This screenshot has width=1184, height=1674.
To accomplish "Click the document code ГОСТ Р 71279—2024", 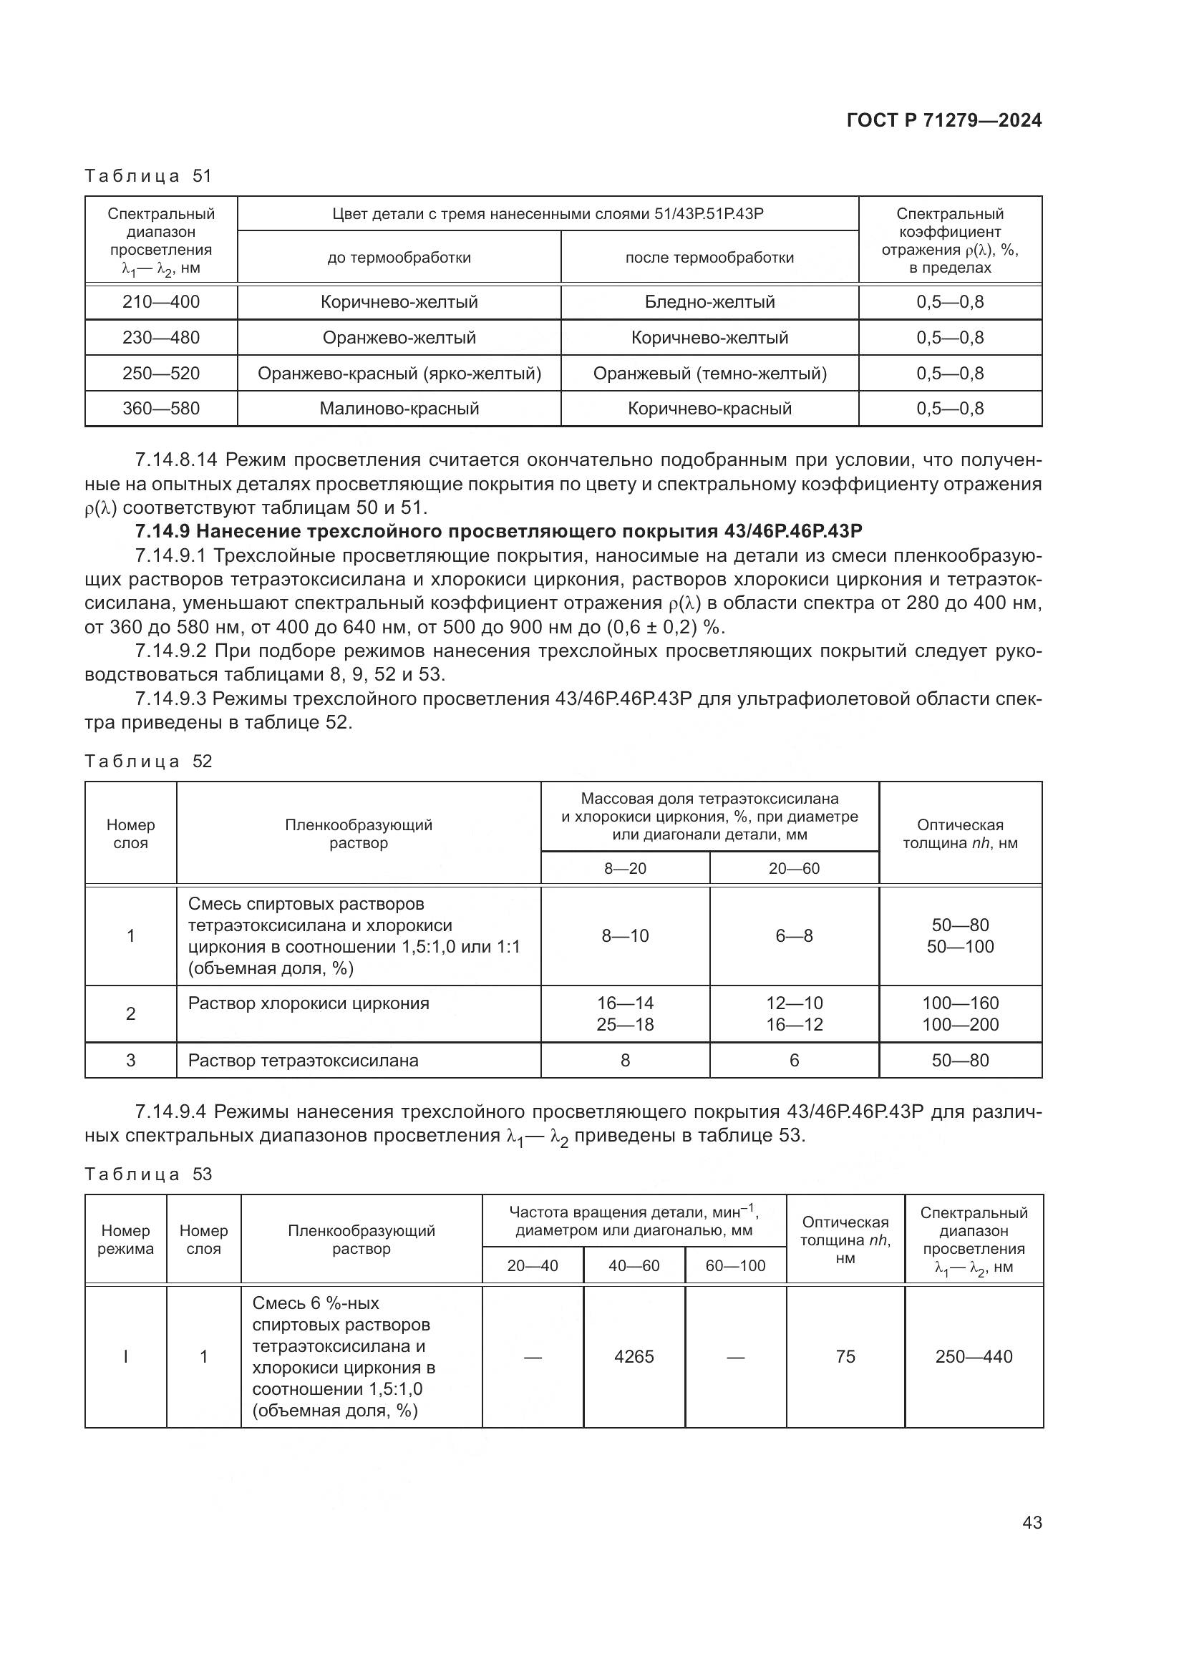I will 944,121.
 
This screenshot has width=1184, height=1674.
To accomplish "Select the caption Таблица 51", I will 148,176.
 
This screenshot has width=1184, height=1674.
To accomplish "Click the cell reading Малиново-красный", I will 399,408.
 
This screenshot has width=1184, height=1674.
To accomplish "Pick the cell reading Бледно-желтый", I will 709,302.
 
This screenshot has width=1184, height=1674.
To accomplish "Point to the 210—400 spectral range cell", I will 161,302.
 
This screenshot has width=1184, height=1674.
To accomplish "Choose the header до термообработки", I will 399,258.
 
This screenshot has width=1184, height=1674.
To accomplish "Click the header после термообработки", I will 709,258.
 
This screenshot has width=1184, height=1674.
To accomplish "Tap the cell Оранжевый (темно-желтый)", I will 709,374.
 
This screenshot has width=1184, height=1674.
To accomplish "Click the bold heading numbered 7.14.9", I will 499,531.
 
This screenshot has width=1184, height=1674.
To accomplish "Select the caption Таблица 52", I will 148,761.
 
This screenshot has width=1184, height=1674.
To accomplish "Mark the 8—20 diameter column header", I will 625,868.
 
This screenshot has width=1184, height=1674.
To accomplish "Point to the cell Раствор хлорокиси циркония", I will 309,1003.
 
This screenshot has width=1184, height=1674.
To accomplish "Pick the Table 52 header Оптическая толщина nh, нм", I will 960,834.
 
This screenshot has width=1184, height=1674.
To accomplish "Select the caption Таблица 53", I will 148,1174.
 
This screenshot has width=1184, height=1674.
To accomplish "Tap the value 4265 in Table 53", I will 634,1356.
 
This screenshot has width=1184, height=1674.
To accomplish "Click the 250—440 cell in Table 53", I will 974,1356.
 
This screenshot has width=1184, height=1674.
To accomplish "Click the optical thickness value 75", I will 845,1356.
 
